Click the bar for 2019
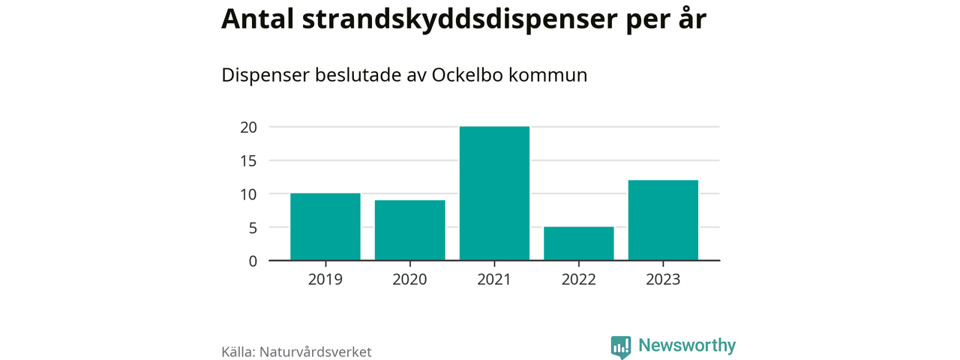325,226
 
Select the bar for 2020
410,230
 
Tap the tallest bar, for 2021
494,193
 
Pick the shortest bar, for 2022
579,244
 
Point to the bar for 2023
663,220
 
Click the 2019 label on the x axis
325,280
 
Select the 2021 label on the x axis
494,280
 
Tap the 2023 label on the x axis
663,280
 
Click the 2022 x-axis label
579,280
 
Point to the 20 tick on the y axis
249,127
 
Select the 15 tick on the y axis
249,160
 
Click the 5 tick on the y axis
253,227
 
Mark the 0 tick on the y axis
253,261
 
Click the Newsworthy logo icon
620,346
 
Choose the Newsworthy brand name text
687,346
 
